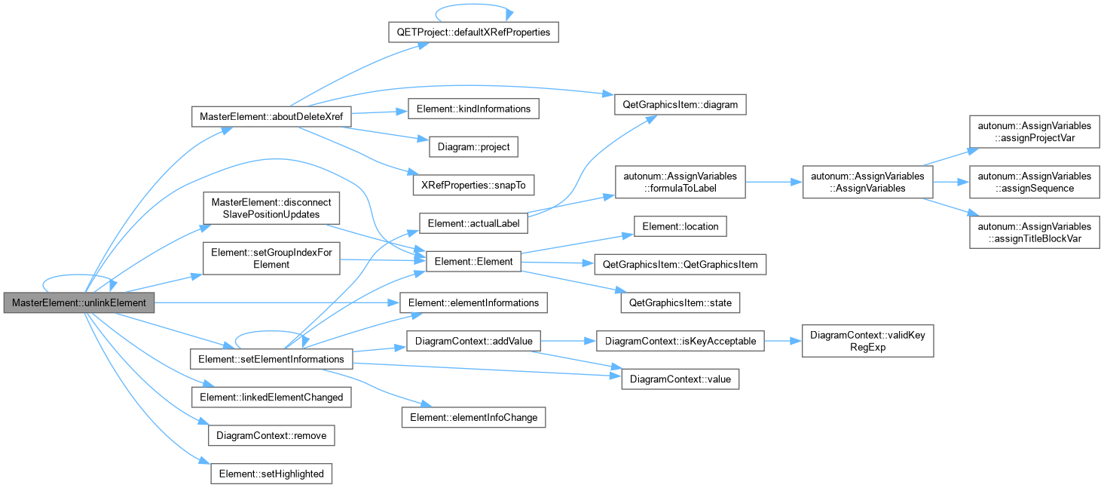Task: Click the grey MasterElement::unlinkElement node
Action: coord(79,302)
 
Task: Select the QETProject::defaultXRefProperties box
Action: coord(473,32)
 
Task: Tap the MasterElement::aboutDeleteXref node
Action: coord(271,116)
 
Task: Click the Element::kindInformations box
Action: coord(473,109)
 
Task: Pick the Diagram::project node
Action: coord(473,146)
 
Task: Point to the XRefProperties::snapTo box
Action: coord(473,185)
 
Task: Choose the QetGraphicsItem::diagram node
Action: coord(680,105)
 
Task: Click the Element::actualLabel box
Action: coord(473,223)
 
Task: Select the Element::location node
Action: coord(680,226)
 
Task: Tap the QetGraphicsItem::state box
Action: coord(680,302)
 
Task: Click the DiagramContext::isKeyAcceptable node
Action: coord(680,341)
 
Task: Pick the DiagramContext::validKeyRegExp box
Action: coord(867,341)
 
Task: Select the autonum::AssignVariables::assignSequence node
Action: coord(1034,182)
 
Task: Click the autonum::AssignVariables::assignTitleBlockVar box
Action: coord(1034,232)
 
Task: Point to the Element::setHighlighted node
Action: coord(271,474)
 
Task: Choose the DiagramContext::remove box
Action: coord(271,435)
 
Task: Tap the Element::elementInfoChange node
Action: coord(473,417)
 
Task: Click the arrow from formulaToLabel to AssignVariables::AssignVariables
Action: coord(774,182)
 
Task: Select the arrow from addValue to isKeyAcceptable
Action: coord(568,341)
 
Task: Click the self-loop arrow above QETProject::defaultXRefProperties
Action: coord(473,5)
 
